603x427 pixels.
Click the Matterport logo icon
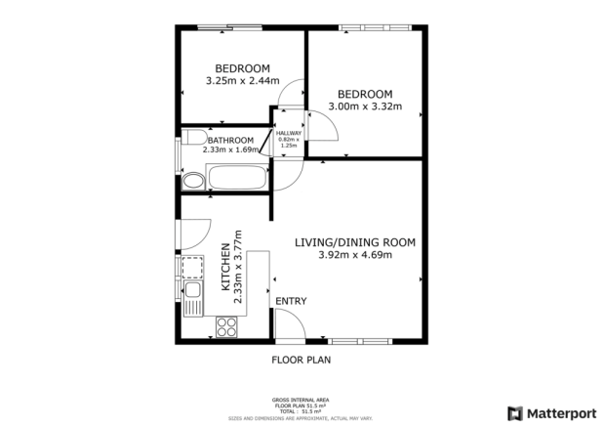coord(515,412)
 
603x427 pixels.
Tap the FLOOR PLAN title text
coord(300,360)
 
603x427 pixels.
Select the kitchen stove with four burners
coord(227,327)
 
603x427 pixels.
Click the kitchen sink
coord(193,290)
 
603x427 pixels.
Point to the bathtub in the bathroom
coord(237,180)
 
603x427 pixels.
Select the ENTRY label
coord(291,301)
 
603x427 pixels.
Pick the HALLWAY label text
coord(288,133)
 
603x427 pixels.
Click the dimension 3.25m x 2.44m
coord(242,81)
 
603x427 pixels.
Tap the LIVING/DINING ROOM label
coord(355,242)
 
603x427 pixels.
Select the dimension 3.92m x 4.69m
coord(355,255)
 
